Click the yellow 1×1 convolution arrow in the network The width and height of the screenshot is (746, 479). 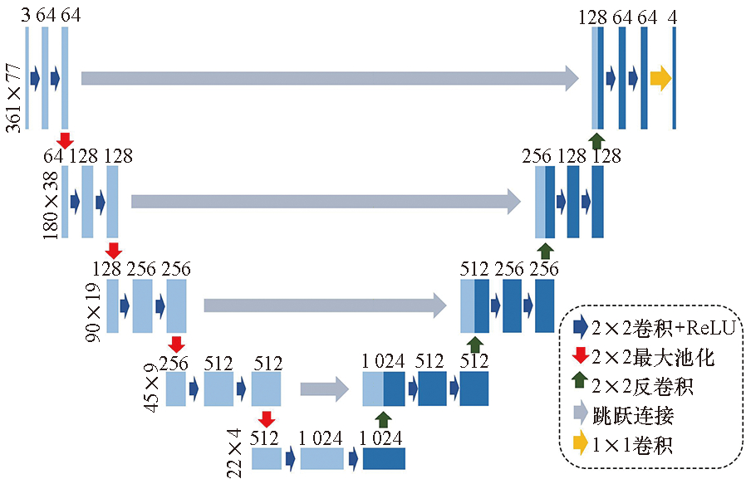click(x=660, y=78)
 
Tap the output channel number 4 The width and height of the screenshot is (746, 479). click(x=671, y=16)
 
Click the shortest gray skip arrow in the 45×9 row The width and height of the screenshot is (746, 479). click(x=324, y=387)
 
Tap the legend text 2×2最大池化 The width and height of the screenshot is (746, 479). click(x=652, y=358)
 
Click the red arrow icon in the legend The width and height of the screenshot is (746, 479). click(x=579, y=358)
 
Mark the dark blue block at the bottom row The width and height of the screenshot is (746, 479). click(x=383, y=459)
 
